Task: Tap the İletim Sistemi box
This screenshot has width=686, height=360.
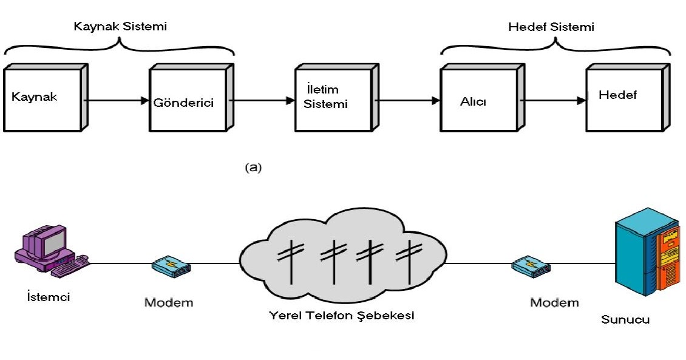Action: click(332, 99)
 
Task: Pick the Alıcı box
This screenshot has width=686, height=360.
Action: click(478, 99)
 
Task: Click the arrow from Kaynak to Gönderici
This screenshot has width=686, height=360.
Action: click(115, 100)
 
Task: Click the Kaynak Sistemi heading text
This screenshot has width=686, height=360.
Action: click(120, 27)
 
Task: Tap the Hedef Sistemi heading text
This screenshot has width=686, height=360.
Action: click(551, 27)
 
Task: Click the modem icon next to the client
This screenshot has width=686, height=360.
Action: click(171, 265)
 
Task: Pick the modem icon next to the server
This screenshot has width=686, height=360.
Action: click(530, 265)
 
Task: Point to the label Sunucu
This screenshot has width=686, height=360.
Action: click(625, 319)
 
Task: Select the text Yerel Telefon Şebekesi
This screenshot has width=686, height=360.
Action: click(342, 316)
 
